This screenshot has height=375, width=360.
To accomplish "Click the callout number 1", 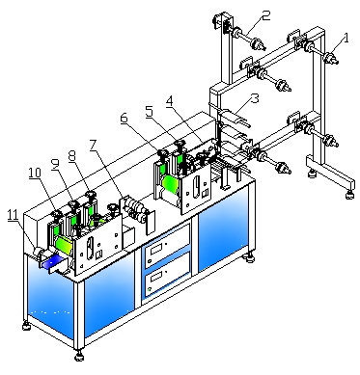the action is pos(346,39).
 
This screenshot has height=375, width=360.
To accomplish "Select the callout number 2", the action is pos(265,15).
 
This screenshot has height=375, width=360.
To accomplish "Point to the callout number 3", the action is pos(255,98).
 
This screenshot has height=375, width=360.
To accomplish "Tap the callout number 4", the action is pos(169,102).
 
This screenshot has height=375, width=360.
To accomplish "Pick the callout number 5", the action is pos(149,113).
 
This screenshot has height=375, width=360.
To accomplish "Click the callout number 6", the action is pos(125,119).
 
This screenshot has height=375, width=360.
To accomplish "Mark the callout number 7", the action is pos(94,146).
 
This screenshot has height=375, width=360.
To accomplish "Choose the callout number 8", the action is pos(72,156).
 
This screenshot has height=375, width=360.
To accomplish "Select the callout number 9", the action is pos(55,164).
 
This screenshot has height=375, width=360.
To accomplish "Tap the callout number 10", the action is pos(35,173).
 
